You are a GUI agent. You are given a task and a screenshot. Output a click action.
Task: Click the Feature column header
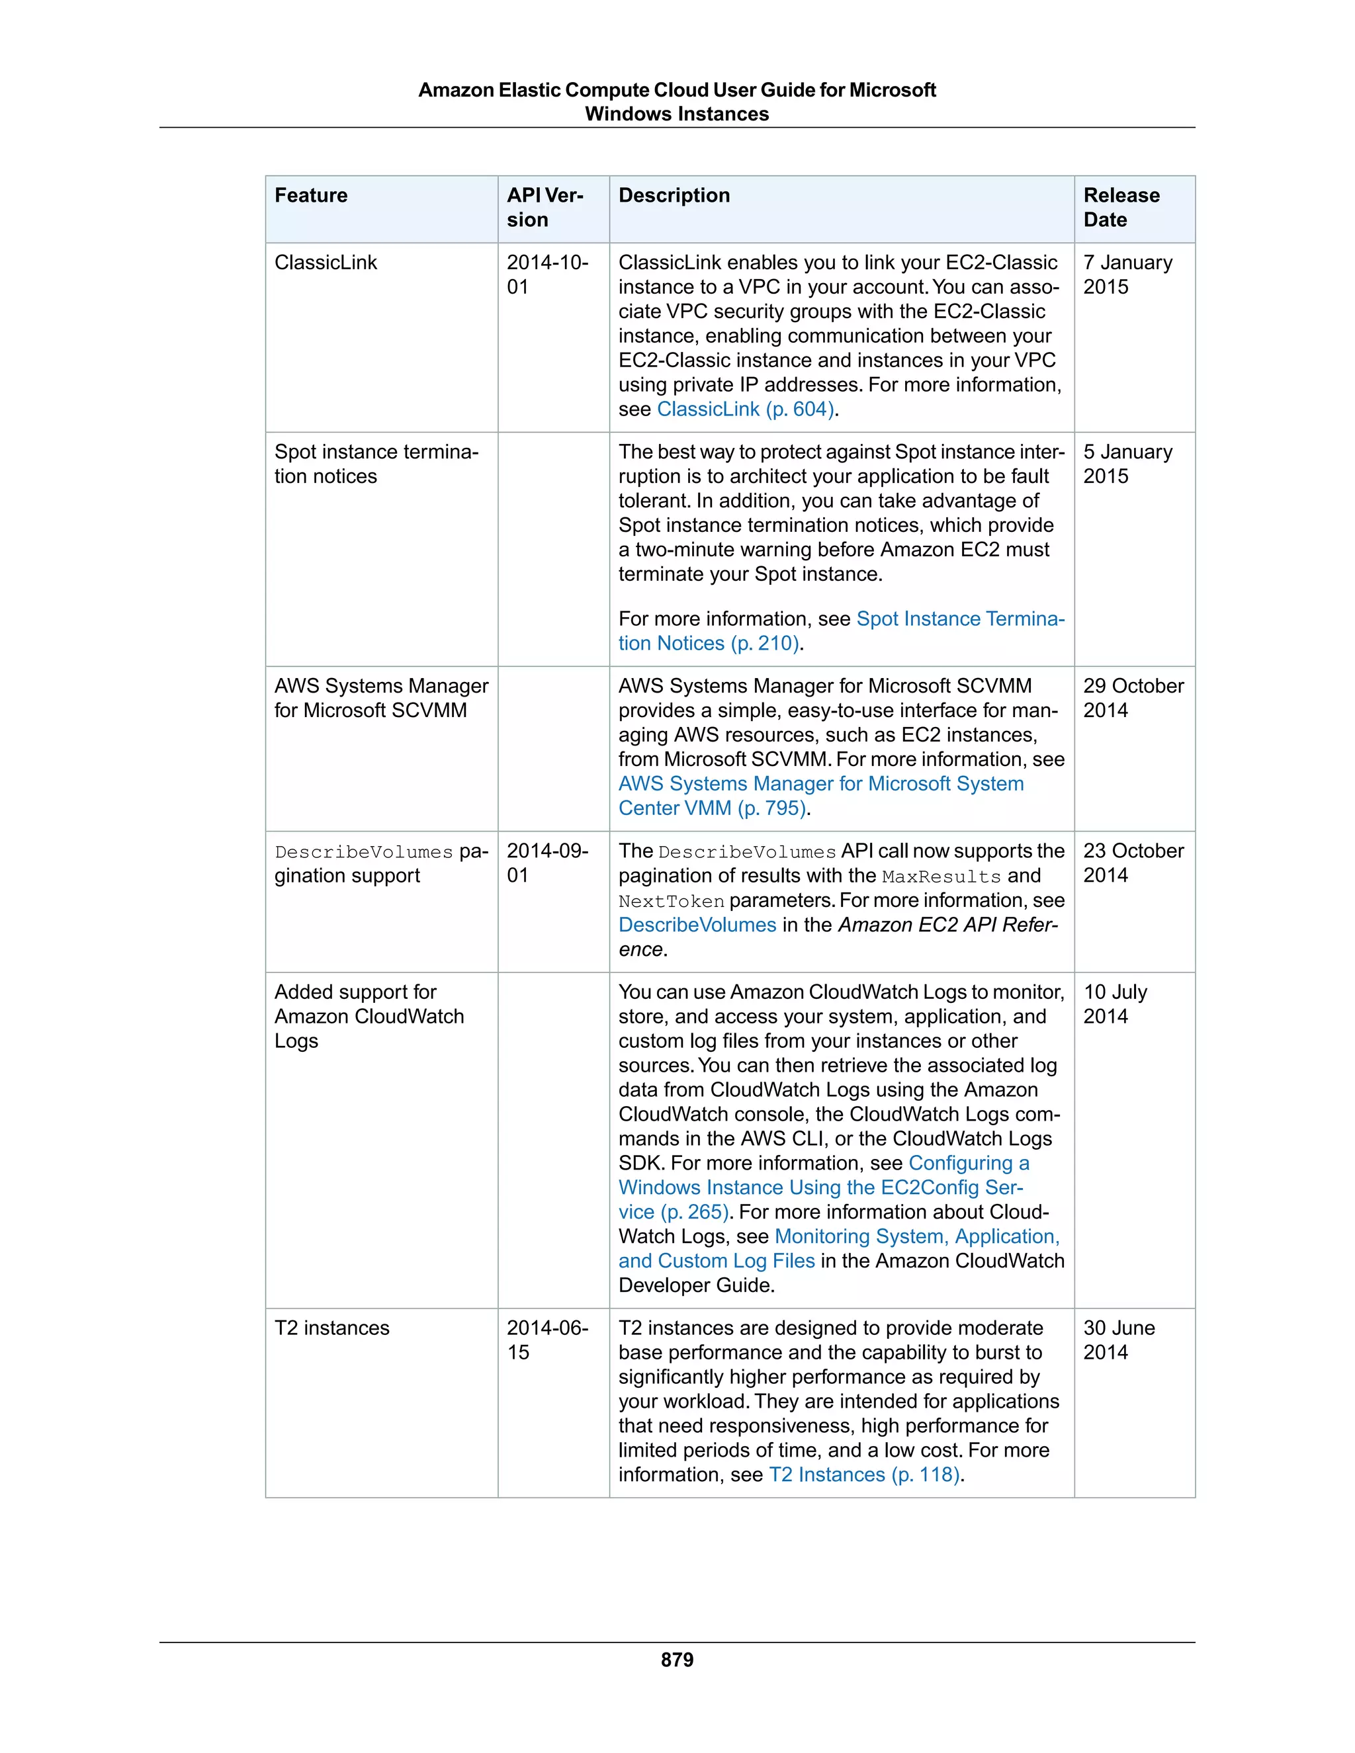tap(312, 196)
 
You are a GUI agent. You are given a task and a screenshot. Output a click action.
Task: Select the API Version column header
tap(545, 207)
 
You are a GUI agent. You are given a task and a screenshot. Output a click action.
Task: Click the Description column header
tap(674, 196)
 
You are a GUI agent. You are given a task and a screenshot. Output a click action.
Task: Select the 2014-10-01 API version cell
tap(546, 275)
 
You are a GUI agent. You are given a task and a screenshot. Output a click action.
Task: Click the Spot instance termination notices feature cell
tap(376, 464)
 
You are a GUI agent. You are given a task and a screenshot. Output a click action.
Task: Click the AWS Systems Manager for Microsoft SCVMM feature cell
tap(380, 699)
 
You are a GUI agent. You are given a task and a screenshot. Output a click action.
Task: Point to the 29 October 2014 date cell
tap(1133, 699)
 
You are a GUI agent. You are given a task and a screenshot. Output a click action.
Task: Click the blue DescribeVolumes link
tap(697, 925)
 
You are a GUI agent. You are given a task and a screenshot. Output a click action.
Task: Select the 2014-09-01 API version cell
tap(546, 863)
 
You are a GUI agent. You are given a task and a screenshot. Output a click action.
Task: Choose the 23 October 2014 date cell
tap(1133, 863)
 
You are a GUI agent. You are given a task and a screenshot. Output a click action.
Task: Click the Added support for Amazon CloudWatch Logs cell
tap(369, 1016)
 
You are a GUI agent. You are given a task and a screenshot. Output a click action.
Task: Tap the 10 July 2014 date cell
tap(1115, 1004)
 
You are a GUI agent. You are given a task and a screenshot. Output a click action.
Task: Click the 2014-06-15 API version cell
tap(546, 1340)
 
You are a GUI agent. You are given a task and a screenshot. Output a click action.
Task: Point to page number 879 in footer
tap(677, 1660)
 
